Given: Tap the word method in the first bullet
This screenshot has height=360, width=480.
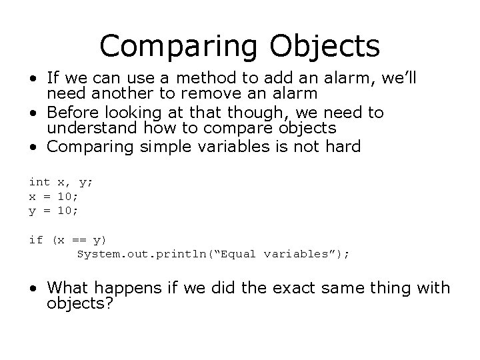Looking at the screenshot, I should pyautogui.click(x=205, y=79).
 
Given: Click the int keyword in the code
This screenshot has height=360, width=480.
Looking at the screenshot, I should pyautogui.click(x=39, y=181).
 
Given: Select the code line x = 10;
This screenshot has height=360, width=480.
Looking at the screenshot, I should pyautogui.click(x=53, y=196).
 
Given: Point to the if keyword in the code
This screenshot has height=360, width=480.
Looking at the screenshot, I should pyautogui.click(x=35, y=239).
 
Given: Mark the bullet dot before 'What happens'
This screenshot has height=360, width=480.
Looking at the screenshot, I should pyautogui.click(x=33, y=289).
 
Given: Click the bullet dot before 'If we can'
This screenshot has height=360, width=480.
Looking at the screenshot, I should pyautogui.click(x=33, y=80).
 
